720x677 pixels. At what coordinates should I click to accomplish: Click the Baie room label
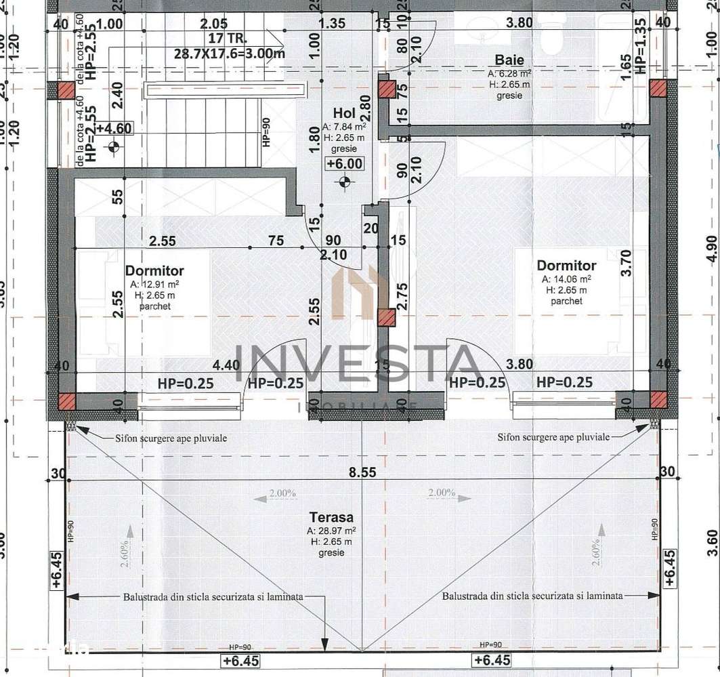[509, 60]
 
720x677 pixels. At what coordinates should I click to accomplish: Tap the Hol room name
[344, 112]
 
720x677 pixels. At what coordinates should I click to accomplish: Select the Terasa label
[330, 517]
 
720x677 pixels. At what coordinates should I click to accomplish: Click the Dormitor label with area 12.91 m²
[154, 271]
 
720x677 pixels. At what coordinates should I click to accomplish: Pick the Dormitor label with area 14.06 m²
[566, 266]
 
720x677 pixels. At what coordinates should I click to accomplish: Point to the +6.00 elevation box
[345, 163]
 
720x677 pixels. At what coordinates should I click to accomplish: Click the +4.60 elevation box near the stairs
[114, 129]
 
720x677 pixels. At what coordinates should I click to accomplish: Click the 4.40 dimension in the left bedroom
[226, 365]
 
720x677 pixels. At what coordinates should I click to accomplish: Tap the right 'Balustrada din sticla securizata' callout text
[532, 596]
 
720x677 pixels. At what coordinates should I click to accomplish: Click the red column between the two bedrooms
[385, 318]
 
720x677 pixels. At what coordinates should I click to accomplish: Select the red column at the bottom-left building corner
[66, 401]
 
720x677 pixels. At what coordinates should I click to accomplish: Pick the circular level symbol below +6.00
[345, 180]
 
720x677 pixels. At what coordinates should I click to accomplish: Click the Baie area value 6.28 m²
[509, 73]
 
